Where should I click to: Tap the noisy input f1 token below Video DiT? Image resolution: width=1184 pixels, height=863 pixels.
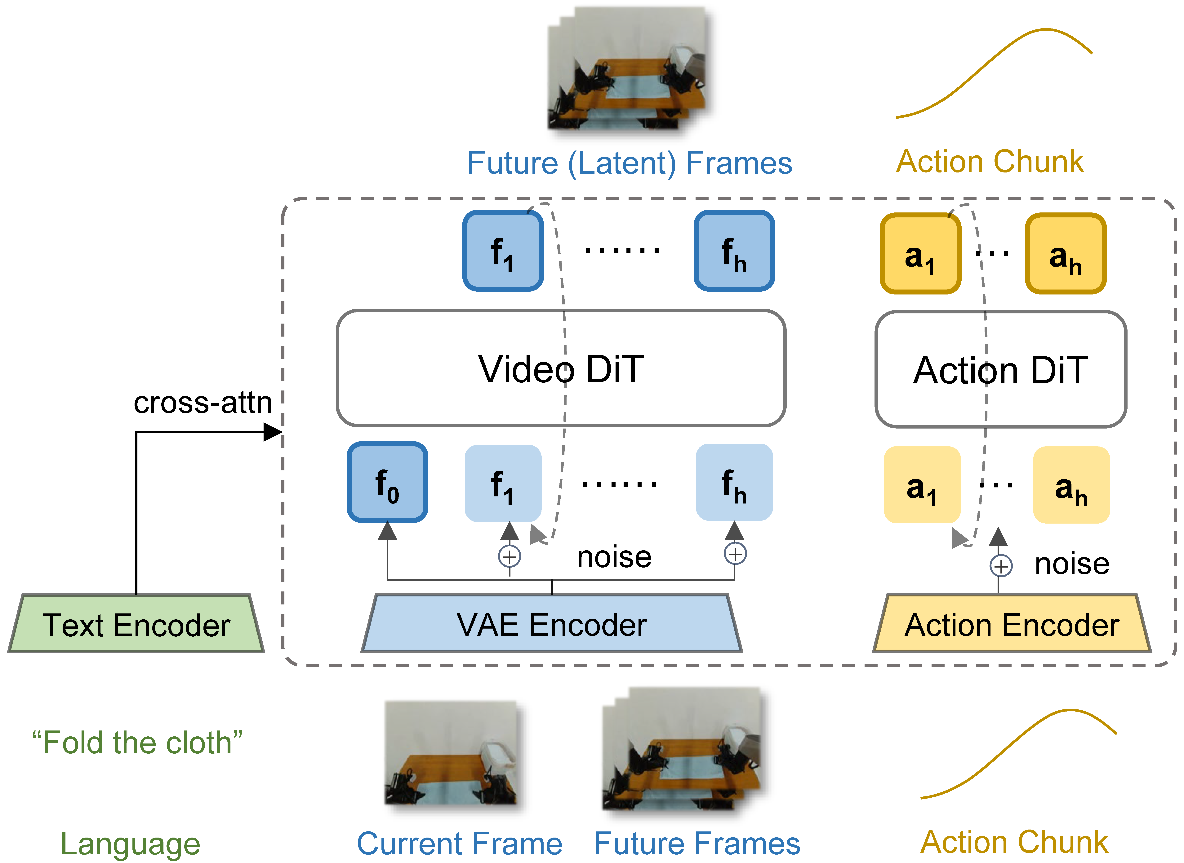(x=503, y=483)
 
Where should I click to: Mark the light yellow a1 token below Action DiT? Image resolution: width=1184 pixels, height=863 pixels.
(x=922, y=485)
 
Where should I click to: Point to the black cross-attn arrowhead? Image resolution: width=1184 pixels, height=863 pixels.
(x=273, y=432)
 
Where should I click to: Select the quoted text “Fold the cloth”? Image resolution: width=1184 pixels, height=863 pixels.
(x=137, y=742)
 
